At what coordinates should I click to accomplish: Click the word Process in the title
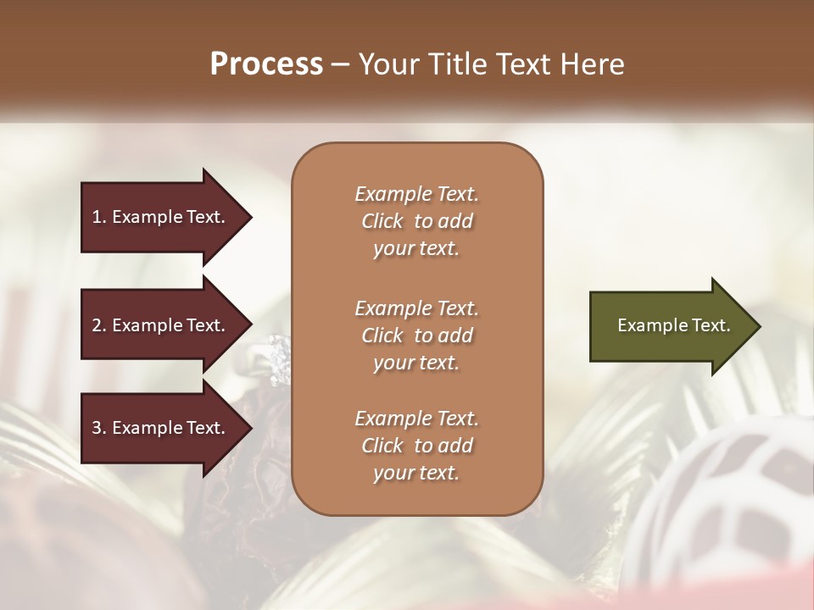click(266, 64)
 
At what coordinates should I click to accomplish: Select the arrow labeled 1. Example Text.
click(161, 217)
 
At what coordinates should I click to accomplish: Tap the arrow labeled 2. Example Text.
click(161, 325)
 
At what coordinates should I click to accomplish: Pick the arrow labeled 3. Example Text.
click(161, 428)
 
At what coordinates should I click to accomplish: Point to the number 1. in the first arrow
click(99, 217)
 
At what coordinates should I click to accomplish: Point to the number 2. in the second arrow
click(99, 325)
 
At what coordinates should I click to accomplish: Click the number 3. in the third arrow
click(99, 428)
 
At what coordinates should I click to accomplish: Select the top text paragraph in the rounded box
click(416, 221)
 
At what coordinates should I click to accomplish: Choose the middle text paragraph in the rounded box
click(416, 335)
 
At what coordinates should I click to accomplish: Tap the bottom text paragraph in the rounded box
click(416, 446)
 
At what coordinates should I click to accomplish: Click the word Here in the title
click(593, 64)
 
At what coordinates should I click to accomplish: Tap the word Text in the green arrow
click(712, 325)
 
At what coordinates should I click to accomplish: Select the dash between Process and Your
click(340, 64)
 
